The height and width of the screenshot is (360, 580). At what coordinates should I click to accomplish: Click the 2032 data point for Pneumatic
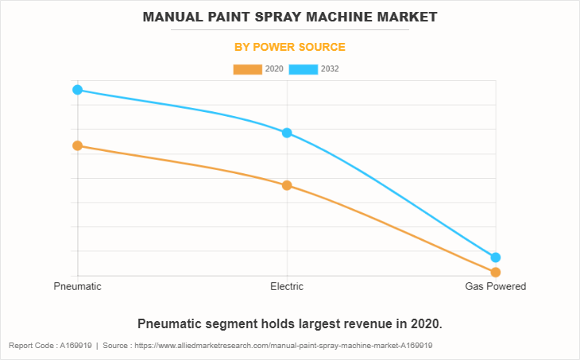click(x=77, y=90)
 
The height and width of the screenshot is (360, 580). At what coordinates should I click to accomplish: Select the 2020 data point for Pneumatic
click(x=77, y=145)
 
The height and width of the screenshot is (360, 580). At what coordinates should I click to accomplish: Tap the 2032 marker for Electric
click(x=287, y=133)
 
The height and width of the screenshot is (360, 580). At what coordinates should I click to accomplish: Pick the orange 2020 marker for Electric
click(x=287, y=185)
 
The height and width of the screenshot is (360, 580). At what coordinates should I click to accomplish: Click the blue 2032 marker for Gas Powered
click(x=496, y=257)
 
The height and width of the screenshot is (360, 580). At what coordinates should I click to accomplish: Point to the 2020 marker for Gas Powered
click(x=496, y=273)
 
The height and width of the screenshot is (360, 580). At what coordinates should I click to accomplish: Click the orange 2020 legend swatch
click(x=247, y=69)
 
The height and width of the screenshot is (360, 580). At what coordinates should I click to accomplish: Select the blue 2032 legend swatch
click(x=304, y=69)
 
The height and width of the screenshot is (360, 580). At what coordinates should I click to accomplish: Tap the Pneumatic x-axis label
click(x=77, y=286)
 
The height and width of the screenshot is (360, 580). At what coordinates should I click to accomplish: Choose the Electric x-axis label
click(x=287, y=286)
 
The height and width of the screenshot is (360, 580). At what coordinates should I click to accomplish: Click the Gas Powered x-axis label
click(x=495, y=286)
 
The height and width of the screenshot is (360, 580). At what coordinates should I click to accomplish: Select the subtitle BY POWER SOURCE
click(x=289, y=47)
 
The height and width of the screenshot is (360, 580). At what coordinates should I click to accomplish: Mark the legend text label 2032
click(x=331, y=69)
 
